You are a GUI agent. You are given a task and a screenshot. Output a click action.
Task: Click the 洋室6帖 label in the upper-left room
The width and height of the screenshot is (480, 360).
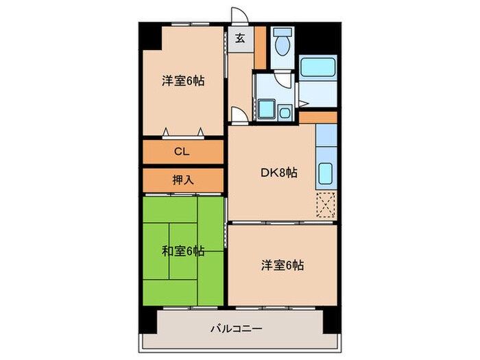[x=183, y=81]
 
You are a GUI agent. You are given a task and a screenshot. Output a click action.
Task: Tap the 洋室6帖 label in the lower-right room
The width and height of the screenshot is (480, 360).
[x=282, y=265]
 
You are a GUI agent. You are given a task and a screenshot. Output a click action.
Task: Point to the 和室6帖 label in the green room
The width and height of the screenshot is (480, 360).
[x=183, y=250]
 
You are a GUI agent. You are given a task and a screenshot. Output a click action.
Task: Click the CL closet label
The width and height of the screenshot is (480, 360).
[x=182, y=152]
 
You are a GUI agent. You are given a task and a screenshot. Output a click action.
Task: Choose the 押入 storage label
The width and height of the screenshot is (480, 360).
[x=182, y=180]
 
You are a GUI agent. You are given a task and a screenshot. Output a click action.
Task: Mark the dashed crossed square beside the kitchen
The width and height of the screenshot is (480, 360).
[x=326, y=205]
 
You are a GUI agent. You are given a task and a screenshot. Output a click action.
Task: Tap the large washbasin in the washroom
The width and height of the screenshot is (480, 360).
[x=267, y=109]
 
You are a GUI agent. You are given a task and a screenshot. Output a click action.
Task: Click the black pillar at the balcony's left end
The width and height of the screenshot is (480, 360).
[x=147, y=317]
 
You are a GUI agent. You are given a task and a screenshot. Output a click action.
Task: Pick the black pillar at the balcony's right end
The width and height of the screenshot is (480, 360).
[x=331, y=316]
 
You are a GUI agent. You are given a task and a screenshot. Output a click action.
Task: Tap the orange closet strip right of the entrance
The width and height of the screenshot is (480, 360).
[x=260, y=47]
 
